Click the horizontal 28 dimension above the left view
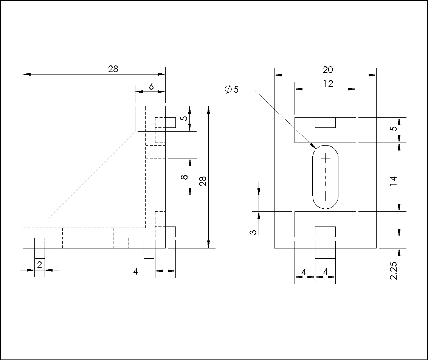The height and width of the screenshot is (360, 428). click(113, 69)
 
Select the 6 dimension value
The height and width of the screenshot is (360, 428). click(151, 87)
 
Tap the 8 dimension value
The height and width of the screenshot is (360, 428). click(185, 177)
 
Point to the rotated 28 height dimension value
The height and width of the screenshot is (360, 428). click(203, 181)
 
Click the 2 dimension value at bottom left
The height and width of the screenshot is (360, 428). click(39, 265)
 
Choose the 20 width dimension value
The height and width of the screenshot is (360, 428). click(328, 70)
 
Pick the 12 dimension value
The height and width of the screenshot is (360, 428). click(328, 84)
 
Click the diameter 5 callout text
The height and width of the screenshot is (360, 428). click(232, 89)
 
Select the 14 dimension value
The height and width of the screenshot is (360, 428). click(393, 181)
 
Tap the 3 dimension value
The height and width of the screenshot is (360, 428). click(253, 232)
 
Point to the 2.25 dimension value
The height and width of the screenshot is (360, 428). click(393, 270)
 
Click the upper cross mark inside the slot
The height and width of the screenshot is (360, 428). click(325, 158)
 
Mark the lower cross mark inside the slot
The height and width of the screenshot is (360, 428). click(325, 196)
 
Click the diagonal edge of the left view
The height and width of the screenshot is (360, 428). click(92, 175)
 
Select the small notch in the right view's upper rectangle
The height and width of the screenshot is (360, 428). click(325, 123)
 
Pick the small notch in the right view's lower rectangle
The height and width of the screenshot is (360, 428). click(325, 232)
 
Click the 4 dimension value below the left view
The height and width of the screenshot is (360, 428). click(135, 272)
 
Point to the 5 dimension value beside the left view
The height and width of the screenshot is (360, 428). click(185, 118)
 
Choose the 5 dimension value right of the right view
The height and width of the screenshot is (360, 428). click(393, 128)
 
